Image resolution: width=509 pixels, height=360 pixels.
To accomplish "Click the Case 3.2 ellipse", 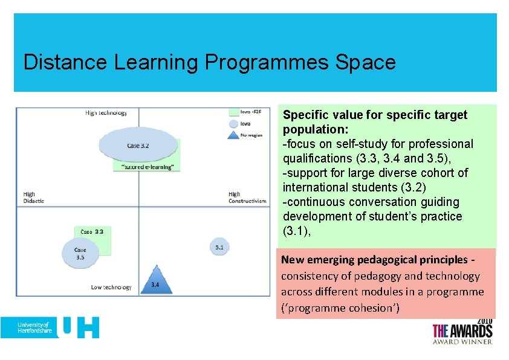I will click(x=138, y=145).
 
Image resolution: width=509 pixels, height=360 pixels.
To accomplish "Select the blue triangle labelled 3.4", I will click(x=156, y=281).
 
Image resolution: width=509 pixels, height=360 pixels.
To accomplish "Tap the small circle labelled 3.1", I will click(x=219, y=246).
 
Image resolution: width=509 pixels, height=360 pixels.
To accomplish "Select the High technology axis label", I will click(x=106, y=113).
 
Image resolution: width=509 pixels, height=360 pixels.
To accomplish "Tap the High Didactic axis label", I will click(x=34, y=198).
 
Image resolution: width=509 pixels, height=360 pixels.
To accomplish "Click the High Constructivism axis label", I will click(x=247, y=198).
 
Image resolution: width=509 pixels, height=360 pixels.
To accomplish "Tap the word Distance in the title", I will click(x=62, y=62).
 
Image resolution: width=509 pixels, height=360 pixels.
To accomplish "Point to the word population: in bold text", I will click(x=312, y=129).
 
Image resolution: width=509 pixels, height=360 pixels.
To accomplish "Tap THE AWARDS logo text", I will click(x=462, y=331).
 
